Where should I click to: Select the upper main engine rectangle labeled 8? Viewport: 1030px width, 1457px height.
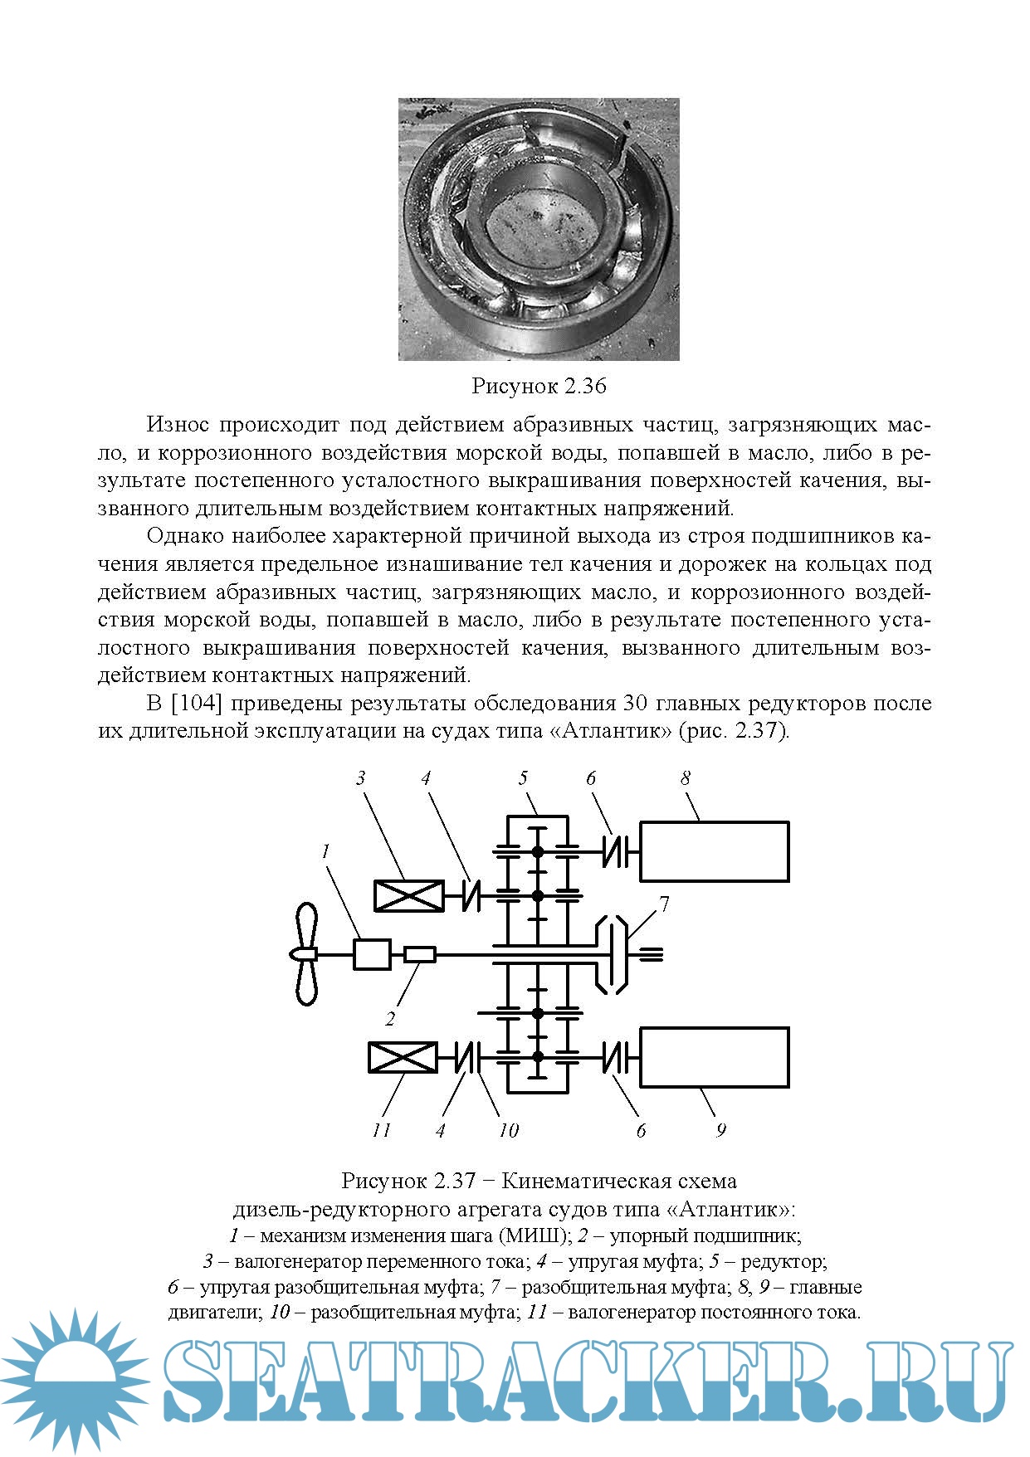pos(714,850)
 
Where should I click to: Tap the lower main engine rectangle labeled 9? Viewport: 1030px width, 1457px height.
pos(714,1057)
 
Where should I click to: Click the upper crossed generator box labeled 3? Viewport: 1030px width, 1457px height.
pos(407,896)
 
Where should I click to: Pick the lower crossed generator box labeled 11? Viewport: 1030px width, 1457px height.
pos(403,1058)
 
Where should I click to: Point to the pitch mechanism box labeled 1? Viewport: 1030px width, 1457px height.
pos(372,954)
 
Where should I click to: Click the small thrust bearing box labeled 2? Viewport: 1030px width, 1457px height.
pos(419,955)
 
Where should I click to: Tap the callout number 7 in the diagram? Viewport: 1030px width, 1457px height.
pos(664,904)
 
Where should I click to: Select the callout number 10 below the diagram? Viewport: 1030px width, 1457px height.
pos(508,1130)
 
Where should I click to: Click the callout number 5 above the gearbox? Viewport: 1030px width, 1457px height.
pos(523,778)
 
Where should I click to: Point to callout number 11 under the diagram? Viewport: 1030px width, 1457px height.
pos(381,1130)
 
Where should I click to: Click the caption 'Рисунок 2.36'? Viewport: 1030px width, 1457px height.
pos(539,386)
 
